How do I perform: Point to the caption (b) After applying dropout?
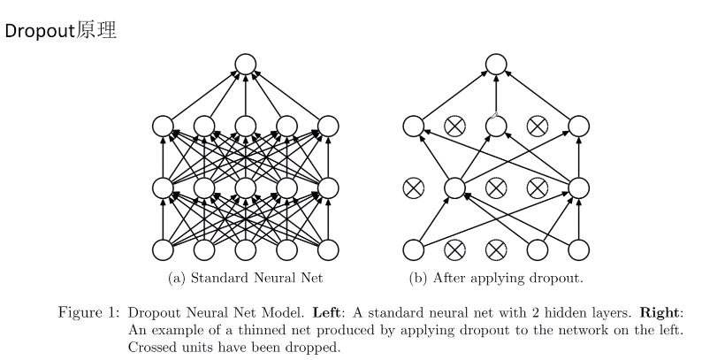(496, 279)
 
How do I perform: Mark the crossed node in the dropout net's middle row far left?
(413, 188)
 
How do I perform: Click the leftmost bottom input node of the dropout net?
(413, 249)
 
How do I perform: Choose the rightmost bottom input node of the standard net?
(328, 249)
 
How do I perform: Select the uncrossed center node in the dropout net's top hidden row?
(495, 126)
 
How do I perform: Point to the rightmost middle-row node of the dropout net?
(579, 188)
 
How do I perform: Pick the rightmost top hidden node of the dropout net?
(579, 126)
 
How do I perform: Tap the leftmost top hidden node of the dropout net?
(413, 126)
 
